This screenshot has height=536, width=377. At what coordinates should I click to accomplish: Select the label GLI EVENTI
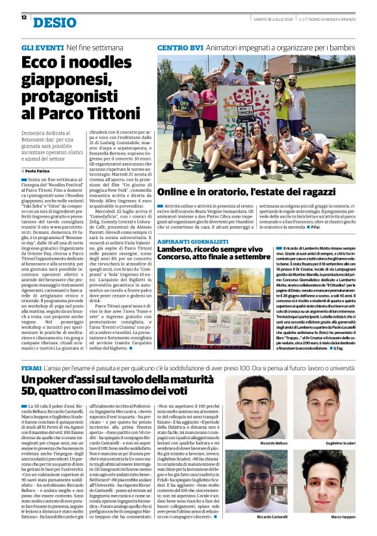42,48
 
